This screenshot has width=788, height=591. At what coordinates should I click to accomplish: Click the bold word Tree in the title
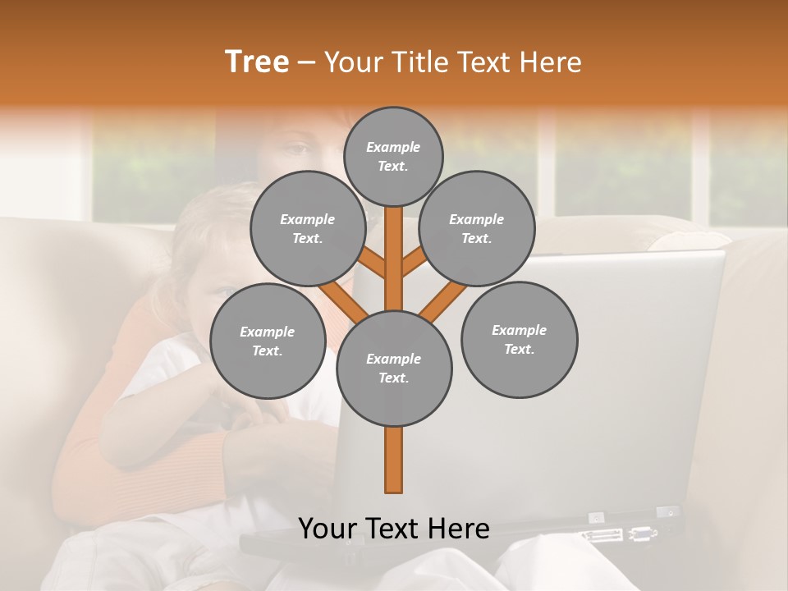point(257,62)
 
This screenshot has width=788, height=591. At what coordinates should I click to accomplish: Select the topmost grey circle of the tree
point(393,156)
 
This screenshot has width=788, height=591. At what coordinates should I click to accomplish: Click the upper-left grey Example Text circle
point(308,228)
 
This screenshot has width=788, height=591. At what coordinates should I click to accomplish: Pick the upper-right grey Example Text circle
point(477,228)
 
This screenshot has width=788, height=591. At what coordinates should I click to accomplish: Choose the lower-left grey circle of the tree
point(268,341)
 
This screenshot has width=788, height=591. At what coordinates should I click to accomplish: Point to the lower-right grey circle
point(519,339)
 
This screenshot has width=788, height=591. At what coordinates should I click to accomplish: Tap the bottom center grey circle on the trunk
point(394,368)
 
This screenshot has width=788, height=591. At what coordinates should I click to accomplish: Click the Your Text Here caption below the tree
point(394,529)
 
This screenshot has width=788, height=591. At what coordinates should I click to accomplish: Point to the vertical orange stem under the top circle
point(394,246)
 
